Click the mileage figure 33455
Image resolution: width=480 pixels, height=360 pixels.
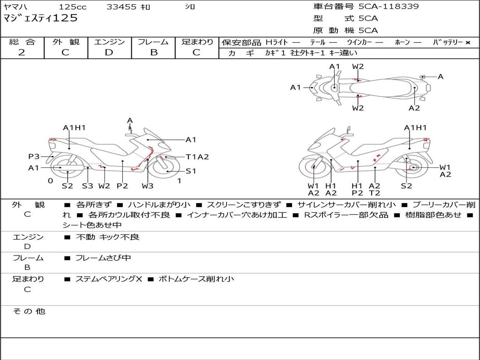pyautogui.click(x=121, y=7)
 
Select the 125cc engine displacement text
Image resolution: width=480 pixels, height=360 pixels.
pyautogui.click(x=73, y=7)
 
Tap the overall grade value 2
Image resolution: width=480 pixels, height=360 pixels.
pyautogui.click(x=22, y=52)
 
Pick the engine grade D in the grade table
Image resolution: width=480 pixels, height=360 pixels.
pyautogui.click(x=109, y=52)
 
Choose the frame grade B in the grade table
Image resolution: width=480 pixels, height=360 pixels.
pyautogui.click(x=154, y=52)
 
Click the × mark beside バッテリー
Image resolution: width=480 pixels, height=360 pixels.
pyautogui.click(x=468, y=43)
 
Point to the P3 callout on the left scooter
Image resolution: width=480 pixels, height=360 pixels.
pyautogui.click(x=34, y=157)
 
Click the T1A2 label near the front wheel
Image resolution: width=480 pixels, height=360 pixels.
pyautogui.click(x=197, y=157)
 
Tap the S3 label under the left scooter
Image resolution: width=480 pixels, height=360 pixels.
pyautogui.click(x=88, y=186)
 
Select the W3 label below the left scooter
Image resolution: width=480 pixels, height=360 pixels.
pyautogui.click(x=148, y=186)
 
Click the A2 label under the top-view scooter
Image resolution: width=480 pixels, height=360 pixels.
pyautogui.click(x=414, y=108)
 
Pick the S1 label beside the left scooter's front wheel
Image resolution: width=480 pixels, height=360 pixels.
pyautogui.click(x=191, y=171)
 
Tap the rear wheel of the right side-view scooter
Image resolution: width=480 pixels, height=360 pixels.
pyautogui.click(x=412, y=167)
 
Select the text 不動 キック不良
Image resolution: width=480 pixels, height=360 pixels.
pyautogui.click(x=107, y=237)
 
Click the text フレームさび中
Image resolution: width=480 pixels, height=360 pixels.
pyautogui.click(x=103, y=258)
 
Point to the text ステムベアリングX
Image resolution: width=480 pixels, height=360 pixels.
pyautogui.click(x=109, y=279)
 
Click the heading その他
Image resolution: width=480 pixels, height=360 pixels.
pyautogui.click(x=29, y=311)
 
